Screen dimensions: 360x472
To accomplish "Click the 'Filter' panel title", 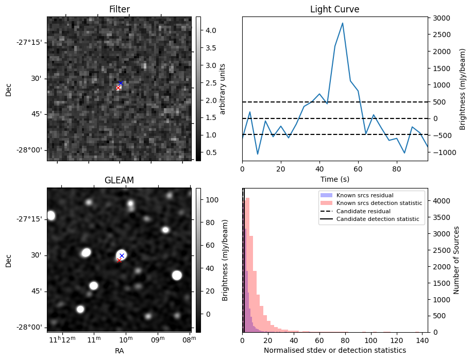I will pyautogui.click(x=119, y=9).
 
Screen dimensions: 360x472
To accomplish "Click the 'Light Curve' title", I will pyautogui.click(x=334, y=9).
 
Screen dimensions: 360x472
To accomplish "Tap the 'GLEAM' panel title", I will pyautogui.click(x=119, y=180).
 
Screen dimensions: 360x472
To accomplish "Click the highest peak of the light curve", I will pyautogui.click(x=342, y=23).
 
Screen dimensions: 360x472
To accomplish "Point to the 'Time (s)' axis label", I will pyautogui.click(x=334, y=178).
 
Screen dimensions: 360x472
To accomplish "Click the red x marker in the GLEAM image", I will pyautogui.click(x=119, y=261).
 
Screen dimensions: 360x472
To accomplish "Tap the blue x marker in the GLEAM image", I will pyautogui.click(x=122, y=255).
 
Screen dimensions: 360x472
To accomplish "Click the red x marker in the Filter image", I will pyautogui.click(x=118, y=88).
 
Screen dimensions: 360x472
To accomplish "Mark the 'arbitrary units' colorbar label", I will pyautogui.click(x=223, y=89).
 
